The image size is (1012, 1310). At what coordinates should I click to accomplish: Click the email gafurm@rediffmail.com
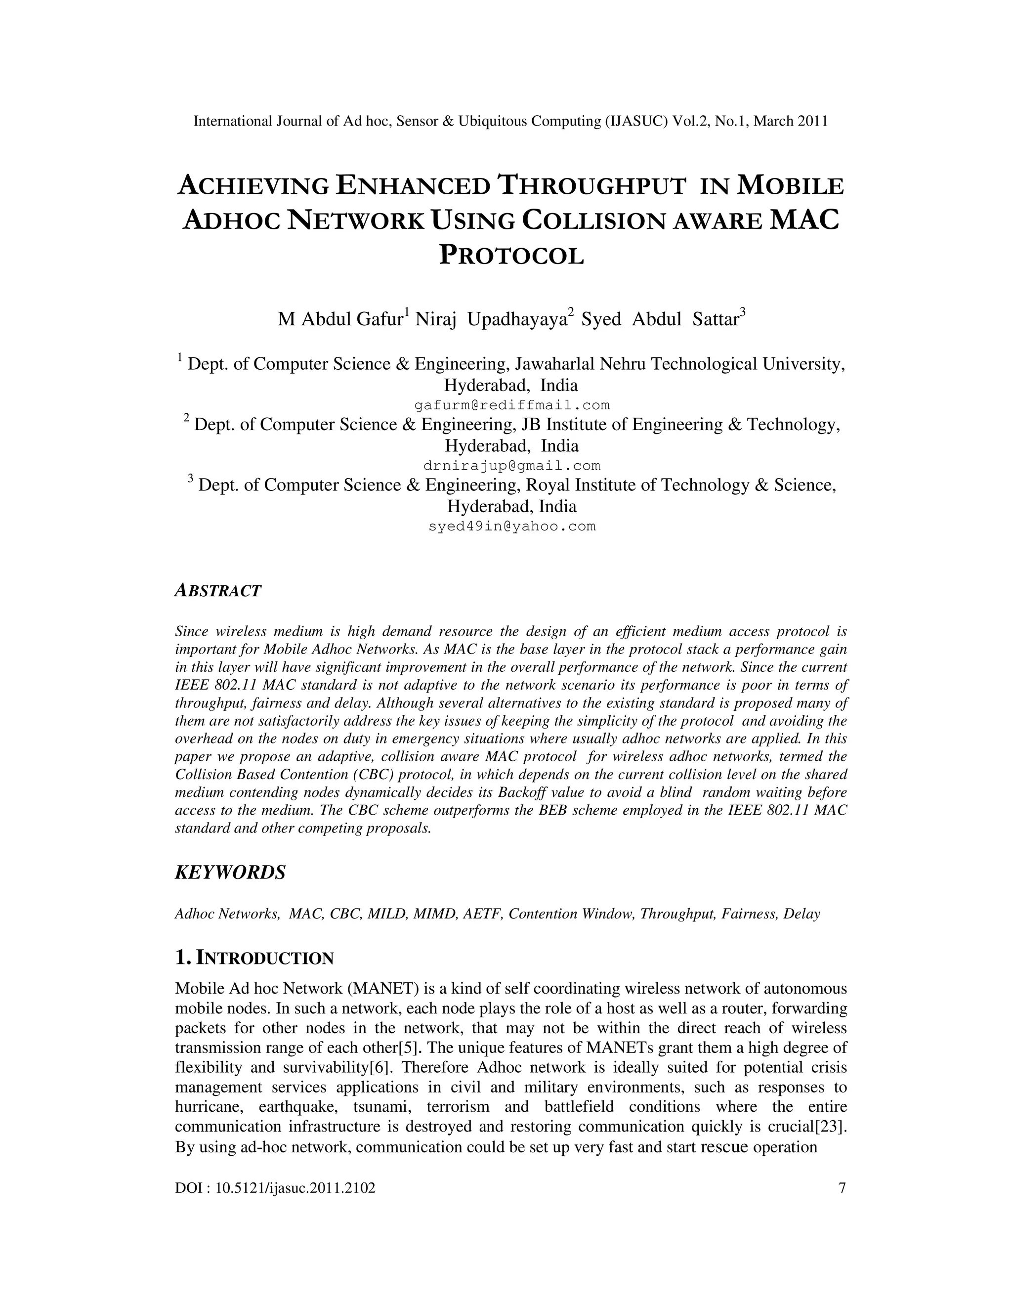pyautogui.click(x=512, y=405)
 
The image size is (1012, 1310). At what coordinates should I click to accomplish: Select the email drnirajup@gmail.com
pyautogui.click(x=512, y=466)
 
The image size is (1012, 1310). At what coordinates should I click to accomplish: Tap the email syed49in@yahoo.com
pyautogui.click(x=512, y=526)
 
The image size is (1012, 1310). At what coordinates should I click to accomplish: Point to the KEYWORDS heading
pyautogui.click(x=230, y=873)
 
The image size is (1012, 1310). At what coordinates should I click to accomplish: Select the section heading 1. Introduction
pyautogui.click(x=254, y=958)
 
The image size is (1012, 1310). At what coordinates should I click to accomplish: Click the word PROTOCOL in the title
pyautogui.click(x=512, y=255)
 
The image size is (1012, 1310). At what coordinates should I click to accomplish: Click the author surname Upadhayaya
pyautogui.click(x=517, y=320)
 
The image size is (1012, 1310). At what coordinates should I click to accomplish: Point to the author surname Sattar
pyautogui.click(x=715, y=320)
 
